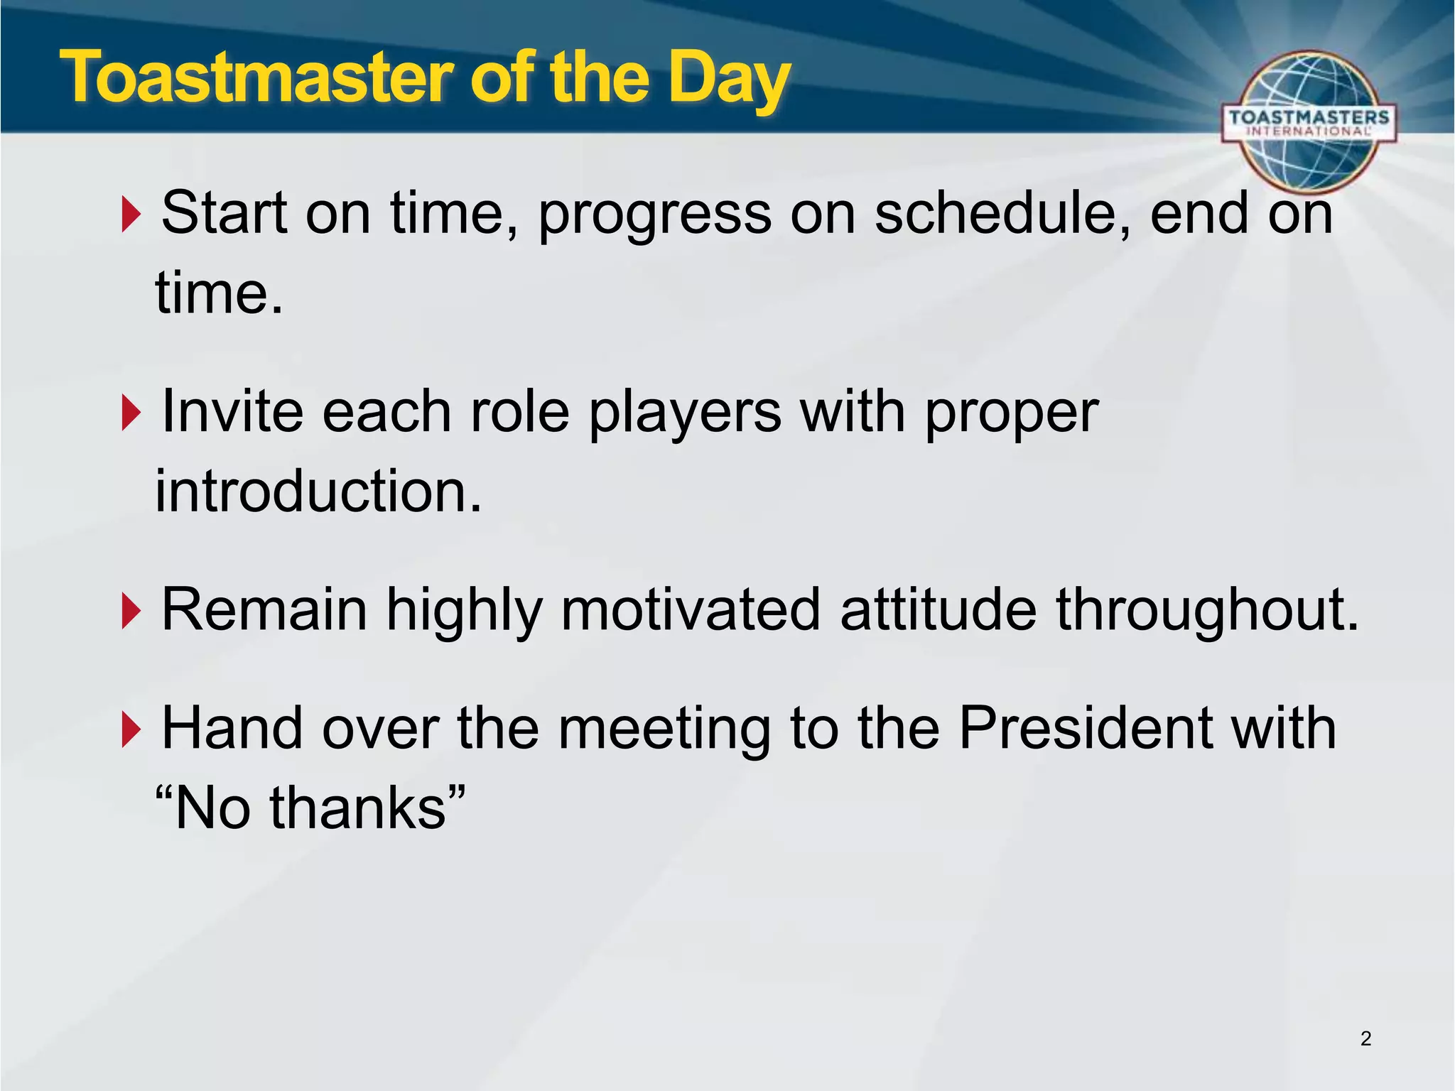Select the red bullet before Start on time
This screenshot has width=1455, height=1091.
(x=131, y=215)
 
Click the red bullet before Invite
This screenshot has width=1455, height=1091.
(x=131, y=413)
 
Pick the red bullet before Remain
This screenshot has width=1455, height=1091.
(x=131, y=611)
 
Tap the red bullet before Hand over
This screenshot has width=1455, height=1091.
(x=131, y=730)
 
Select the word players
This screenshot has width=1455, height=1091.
(x=685, y=413)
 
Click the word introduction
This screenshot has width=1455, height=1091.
(x=318, y=492)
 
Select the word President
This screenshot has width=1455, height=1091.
(x=1086, y=729)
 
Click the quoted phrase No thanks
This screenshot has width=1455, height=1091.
(x=310, y=808)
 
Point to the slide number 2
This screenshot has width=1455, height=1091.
(x=1365, y=1039)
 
